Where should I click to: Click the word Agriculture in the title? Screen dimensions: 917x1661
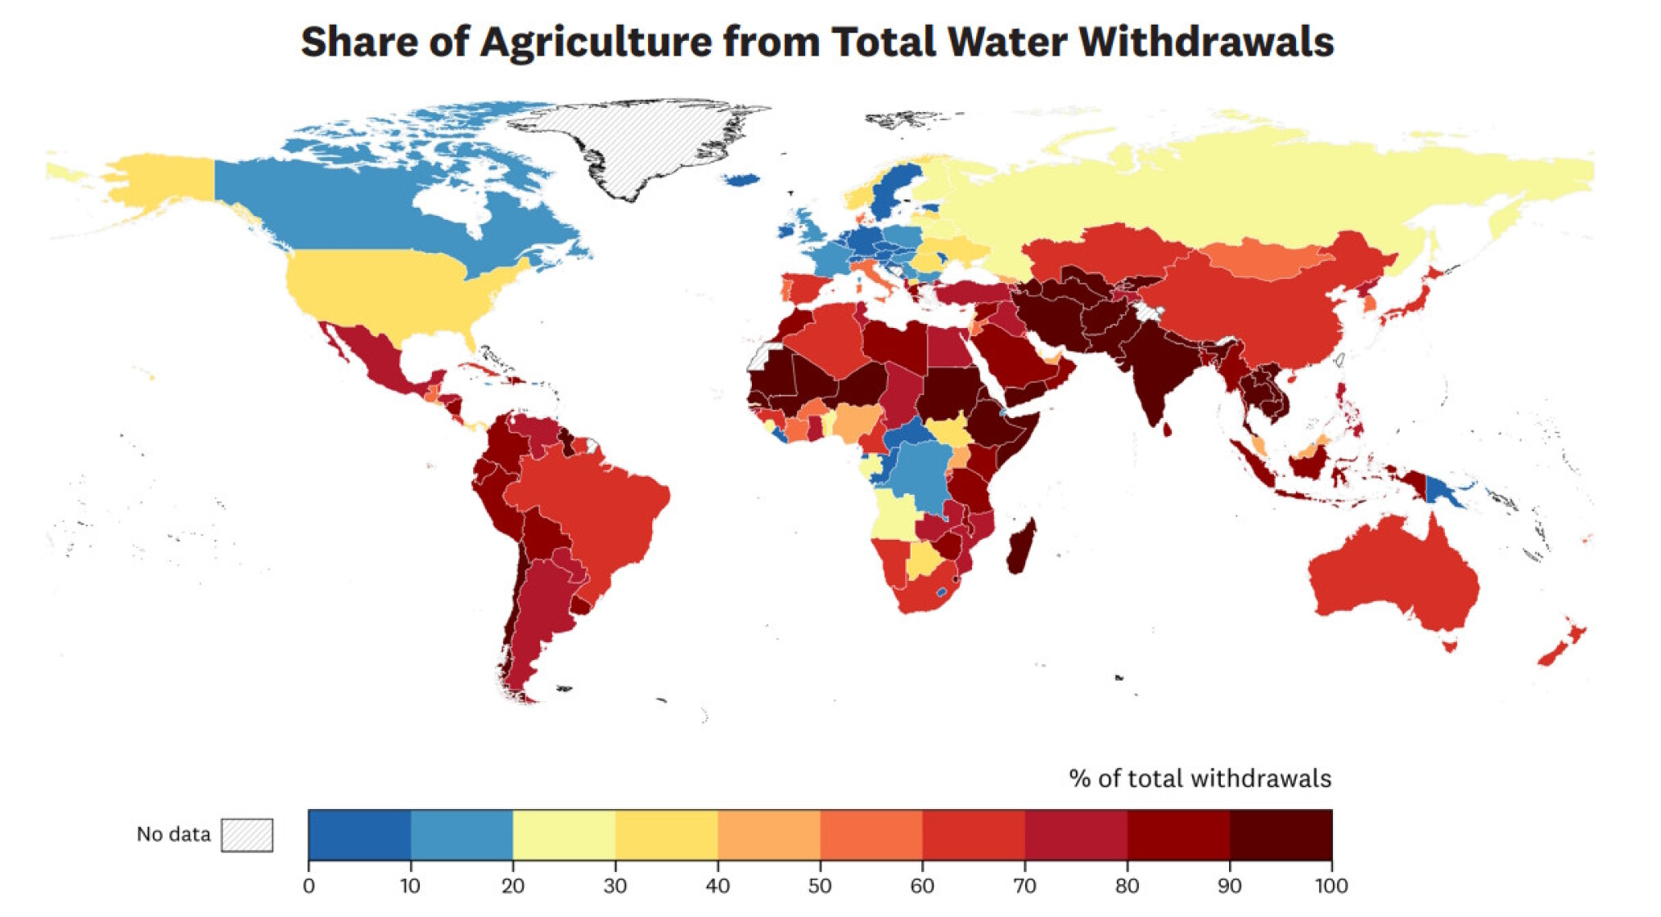(x=596, y=43)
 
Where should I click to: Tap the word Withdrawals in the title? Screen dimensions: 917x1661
(x=1206, y=43)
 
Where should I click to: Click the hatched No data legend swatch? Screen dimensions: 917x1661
(x=246, y=834)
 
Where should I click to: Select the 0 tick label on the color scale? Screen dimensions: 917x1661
(x=308, y=886)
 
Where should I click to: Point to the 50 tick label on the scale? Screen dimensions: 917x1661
(x=819, y=886)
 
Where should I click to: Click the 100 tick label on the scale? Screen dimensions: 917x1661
(x=1330, y=886)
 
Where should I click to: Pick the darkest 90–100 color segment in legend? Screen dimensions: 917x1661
(x=1281, y=834)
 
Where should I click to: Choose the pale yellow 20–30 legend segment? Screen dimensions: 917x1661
(x=564, y=834)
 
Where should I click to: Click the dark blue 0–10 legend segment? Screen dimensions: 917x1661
(x=359, y=834)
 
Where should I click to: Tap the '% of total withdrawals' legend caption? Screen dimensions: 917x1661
(x=1200, y=778)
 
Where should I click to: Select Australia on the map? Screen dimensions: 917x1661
(x=1391, y=573)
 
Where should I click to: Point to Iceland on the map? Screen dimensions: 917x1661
(x=741, y=179)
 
